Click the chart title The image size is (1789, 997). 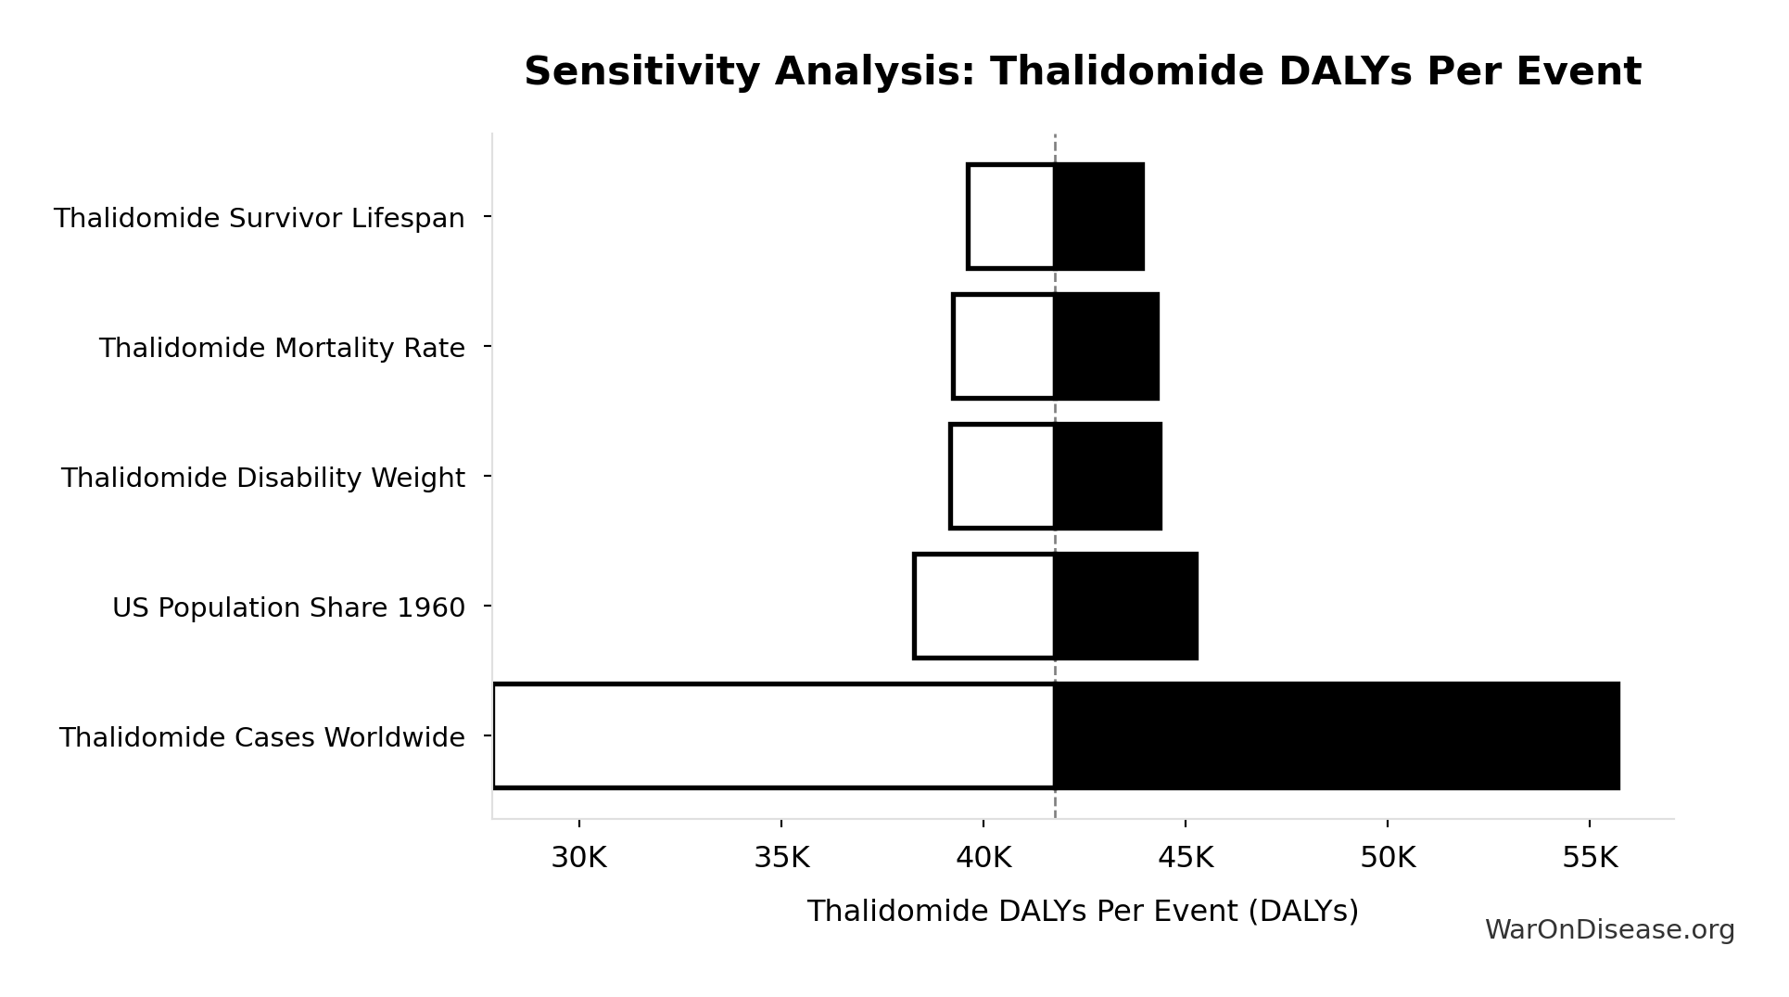point(1082,72)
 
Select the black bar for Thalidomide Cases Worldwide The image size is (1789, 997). point(1337,736)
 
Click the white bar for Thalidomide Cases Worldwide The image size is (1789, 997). point(774,736)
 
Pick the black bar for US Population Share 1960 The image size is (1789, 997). point(1126,607)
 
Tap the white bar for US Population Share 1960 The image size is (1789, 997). point(984,607)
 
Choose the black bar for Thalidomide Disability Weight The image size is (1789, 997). point(1108,477)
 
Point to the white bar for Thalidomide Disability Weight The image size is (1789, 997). point(1003,477)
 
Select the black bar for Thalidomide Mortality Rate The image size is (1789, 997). point(1107,347)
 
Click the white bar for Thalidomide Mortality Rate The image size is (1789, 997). point(1004,347)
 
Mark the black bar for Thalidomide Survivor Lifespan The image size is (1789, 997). point(1099,217)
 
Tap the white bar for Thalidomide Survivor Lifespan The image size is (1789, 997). point(1011,217)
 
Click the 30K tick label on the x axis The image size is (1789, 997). point(579,858)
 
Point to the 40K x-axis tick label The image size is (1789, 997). point(983,858)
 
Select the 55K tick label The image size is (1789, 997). point(1590,858)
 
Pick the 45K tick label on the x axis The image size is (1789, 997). point(1186,858)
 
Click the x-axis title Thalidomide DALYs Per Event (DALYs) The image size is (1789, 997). point(1082,912)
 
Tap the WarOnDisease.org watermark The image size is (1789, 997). point(1609,930)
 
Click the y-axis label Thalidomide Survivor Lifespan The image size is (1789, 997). point(260,219)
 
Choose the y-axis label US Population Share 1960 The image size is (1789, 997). point(288,608)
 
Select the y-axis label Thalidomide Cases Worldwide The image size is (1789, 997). point(262,738)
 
